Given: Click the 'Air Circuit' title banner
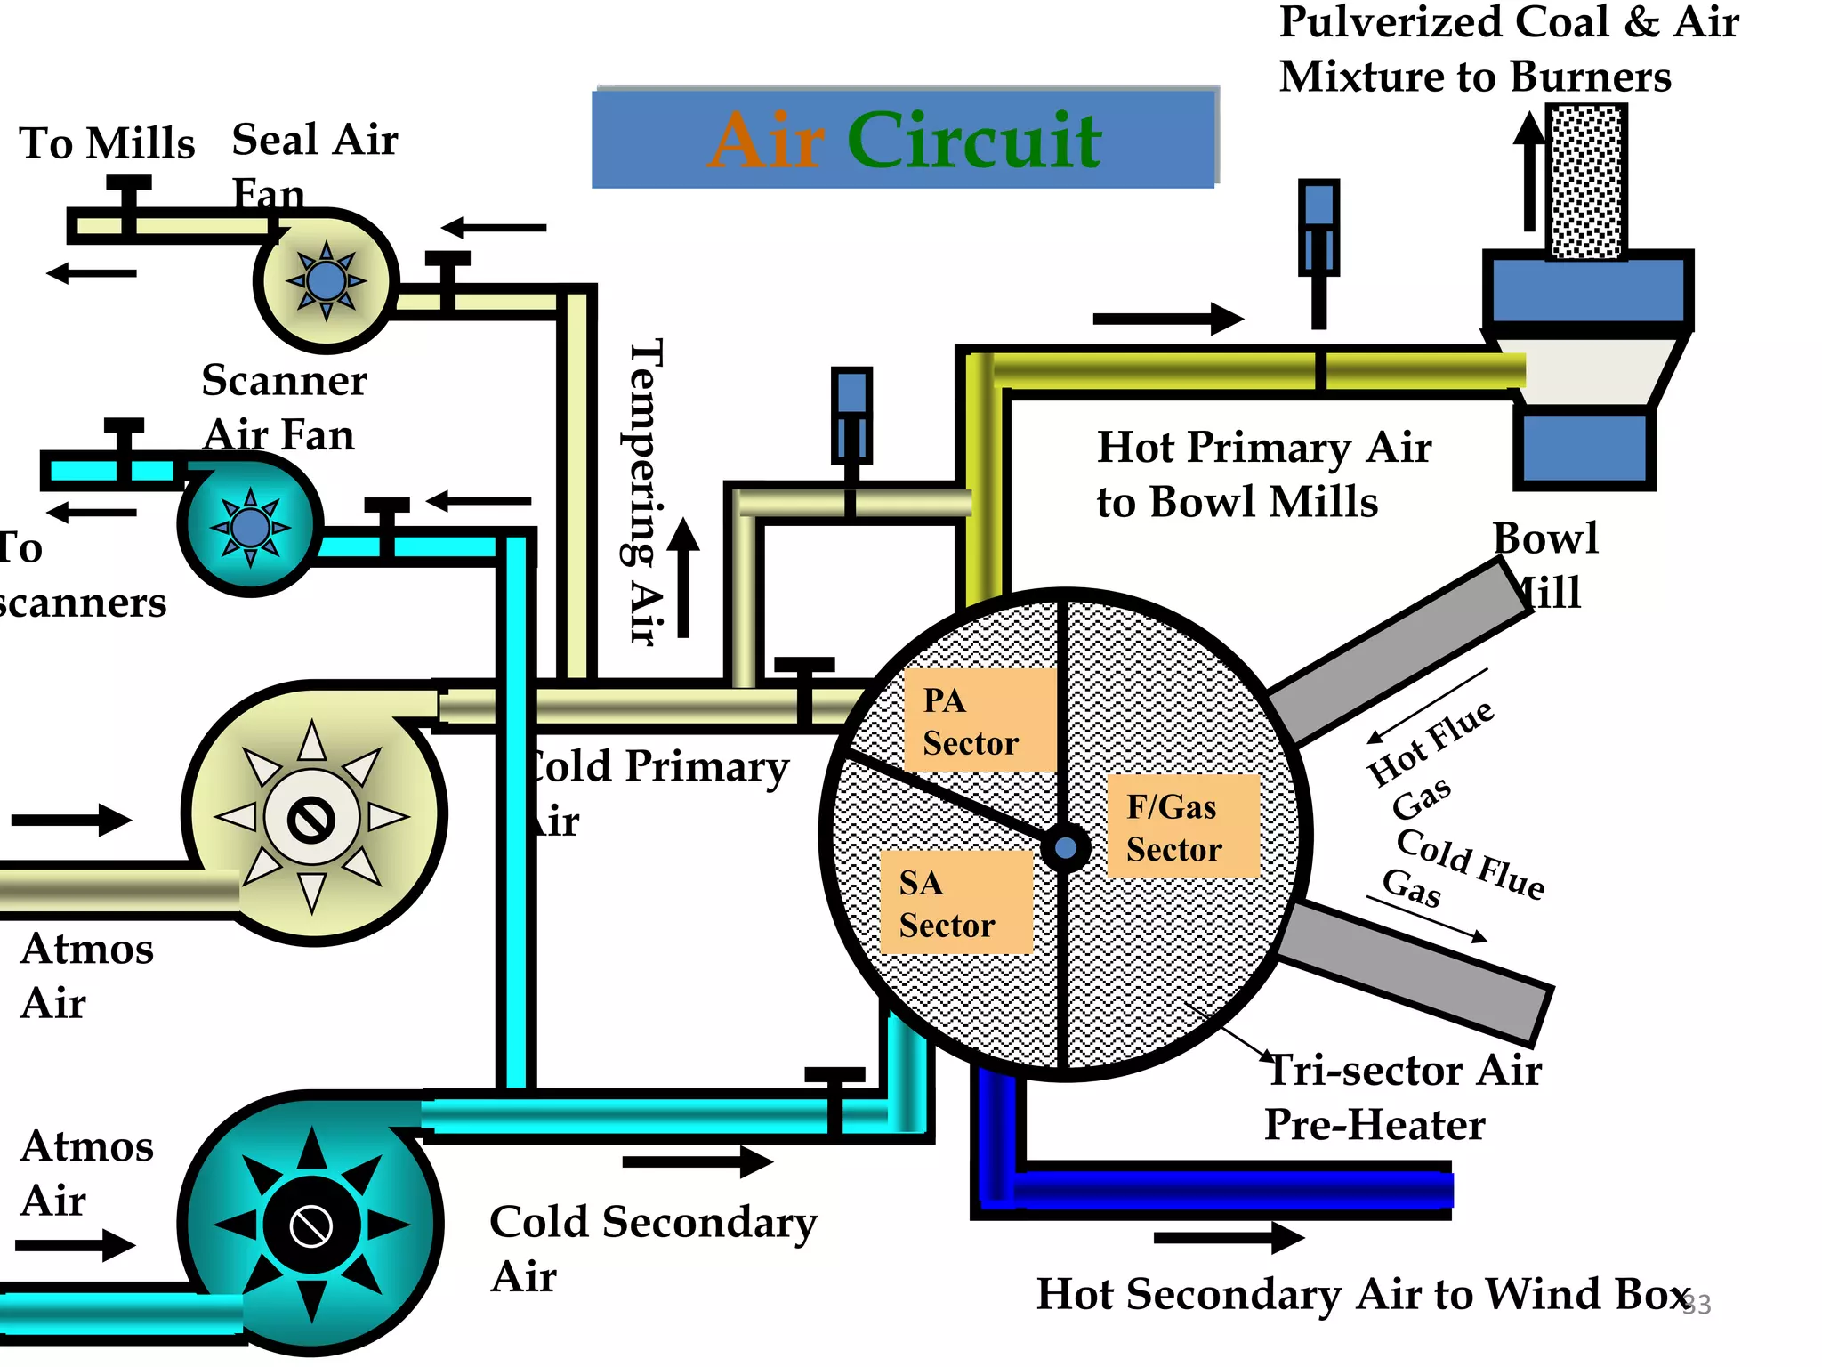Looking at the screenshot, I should coord(904,139).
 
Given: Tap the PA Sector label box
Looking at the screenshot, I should coord(980,721).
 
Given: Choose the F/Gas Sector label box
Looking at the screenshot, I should coord(1183,827).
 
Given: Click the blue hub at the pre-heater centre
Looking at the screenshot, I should coord(1065,847).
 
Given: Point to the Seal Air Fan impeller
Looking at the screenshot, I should coord(326,281).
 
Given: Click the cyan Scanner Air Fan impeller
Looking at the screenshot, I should coord(250,527).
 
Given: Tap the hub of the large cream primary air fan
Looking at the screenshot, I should coord(311,819).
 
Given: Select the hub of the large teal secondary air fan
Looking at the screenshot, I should coord(311,1226).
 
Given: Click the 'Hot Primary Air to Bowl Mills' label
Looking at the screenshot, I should coord(1263,474).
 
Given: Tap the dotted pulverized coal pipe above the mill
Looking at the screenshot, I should coord(1587,182).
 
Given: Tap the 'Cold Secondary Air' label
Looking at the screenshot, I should coord(652,1248).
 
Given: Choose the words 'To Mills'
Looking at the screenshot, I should coord(107,143).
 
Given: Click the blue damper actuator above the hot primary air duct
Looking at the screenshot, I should coord(1318,227).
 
